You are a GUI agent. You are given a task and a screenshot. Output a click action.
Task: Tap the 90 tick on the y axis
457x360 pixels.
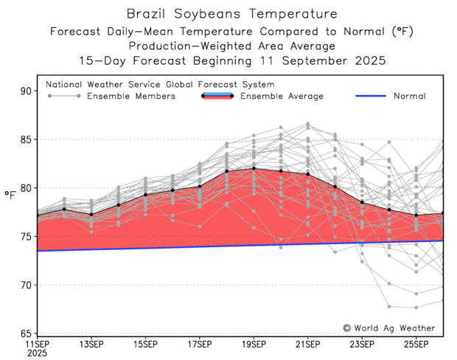pos(28,91)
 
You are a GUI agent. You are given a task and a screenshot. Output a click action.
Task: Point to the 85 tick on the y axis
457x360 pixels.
pos(28,139)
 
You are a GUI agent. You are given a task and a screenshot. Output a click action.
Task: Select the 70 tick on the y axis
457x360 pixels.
pos(28,285)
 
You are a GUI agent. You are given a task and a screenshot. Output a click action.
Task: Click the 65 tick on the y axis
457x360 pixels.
pos(28,333)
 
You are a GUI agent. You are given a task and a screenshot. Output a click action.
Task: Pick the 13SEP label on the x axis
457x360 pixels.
pos(91,344)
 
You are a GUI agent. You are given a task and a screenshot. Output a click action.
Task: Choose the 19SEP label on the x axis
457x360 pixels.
pos(254,344)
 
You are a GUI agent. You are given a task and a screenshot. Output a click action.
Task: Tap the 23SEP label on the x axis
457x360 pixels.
pos(362,344)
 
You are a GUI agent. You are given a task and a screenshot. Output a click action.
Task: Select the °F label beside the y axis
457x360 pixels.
pos(10,195)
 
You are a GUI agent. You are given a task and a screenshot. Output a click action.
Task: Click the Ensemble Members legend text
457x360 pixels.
pos(130,96)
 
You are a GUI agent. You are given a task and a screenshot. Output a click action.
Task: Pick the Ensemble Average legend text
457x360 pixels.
pos(282,96)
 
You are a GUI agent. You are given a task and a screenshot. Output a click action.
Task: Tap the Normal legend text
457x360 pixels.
pos(409,96)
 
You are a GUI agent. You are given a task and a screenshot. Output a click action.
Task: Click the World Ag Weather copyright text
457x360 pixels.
pos(388,328)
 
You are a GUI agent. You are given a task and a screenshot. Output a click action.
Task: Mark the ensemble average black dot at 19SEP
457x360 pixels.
pos(254,168)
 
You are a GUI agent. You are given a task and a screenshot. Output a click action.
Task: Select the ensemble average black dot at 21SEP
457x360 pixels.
pos(308,174)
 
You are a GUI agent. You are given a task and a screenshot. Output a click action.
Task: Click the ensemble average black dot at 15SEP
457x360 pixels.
pos(145,195)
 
